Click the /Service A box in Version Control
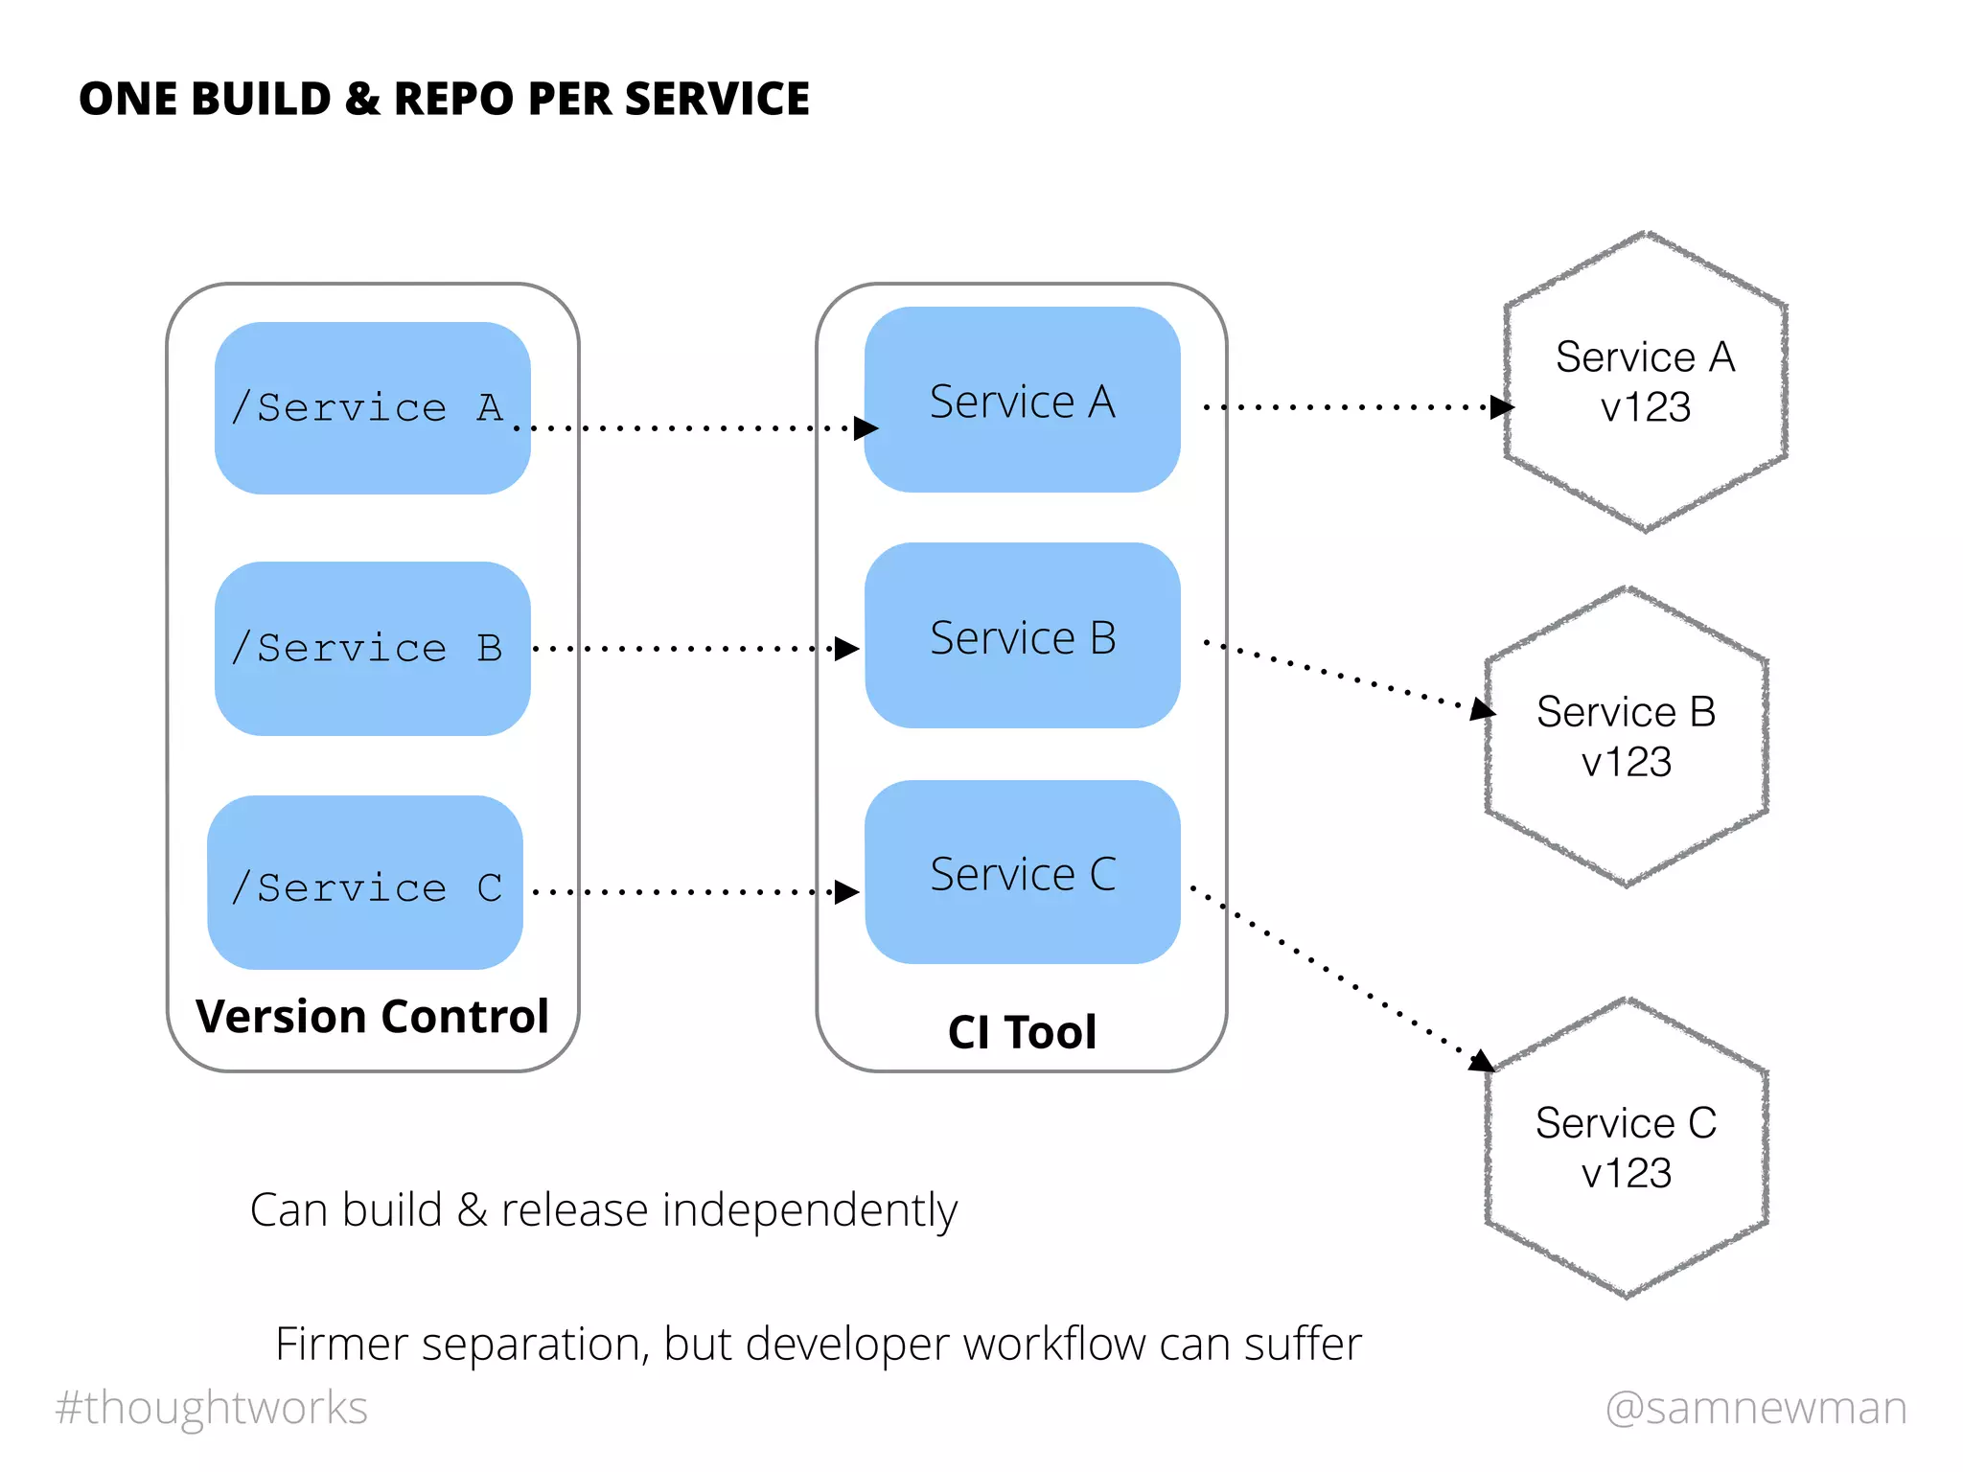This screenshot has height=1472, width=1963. (x=372, y=408)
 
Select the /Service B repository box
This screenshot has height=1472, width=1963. (x=372, y=649)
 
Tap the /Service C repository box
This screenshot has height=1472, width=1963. (x=365, y=883)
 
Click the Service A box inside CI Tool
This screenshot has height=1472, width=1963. (x=1022, y=400)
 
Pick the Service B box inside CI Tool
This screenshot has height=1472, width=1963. (x=1022, y=635)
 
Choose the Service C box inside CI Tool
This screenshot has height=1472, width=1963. (x=1022, y=872)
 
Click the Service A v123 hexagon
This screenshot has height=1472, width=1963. (x=1645, y=381)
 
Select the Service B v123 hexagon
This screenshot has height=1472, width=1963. (x=1626, y=736)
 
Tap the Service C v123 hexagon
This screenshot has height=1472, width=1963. (x=1626, y=1147)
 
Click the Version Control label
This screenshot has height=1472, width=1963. (x=372, y=1016)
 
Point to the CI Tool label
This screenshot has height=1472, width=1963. (x=1022, y=1032)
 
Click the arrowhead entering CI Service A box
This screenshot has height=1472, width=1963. (x=866, y=427)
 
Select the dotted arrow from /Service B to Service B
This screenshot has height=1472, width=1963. (x=685, y=649)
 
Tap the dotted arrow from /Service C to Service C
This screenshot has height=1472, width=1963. (x=685, y=892)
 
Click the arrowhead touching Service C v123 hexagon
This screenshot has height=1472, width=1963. (x=1482, y=1061)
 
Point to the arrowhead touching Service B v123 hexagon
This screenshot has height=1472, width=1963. (x=1483, y=709)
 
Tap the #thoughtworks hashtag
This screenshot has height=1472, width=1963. (x=212, y=1407)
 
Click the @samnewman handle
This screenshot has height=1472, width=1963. (x=1756, y=1407)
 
